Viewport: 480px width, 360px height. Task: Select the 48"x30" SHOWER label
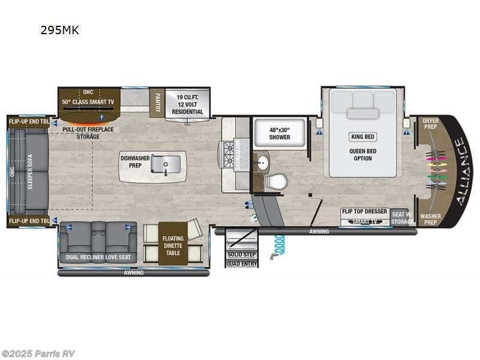(x=279, y=133)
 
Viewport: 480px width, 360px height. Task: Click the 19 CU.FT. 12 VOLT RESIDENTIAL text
(x=188, y=104)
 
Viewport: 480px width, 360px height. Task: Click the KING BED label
(x=363, y=136)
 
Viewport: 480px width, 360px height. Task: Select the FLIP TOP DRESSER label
(x=364, y=212)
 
